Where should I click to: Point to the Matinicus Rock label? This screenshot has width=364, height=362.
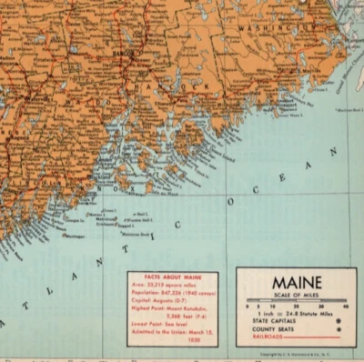[136, 233]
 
